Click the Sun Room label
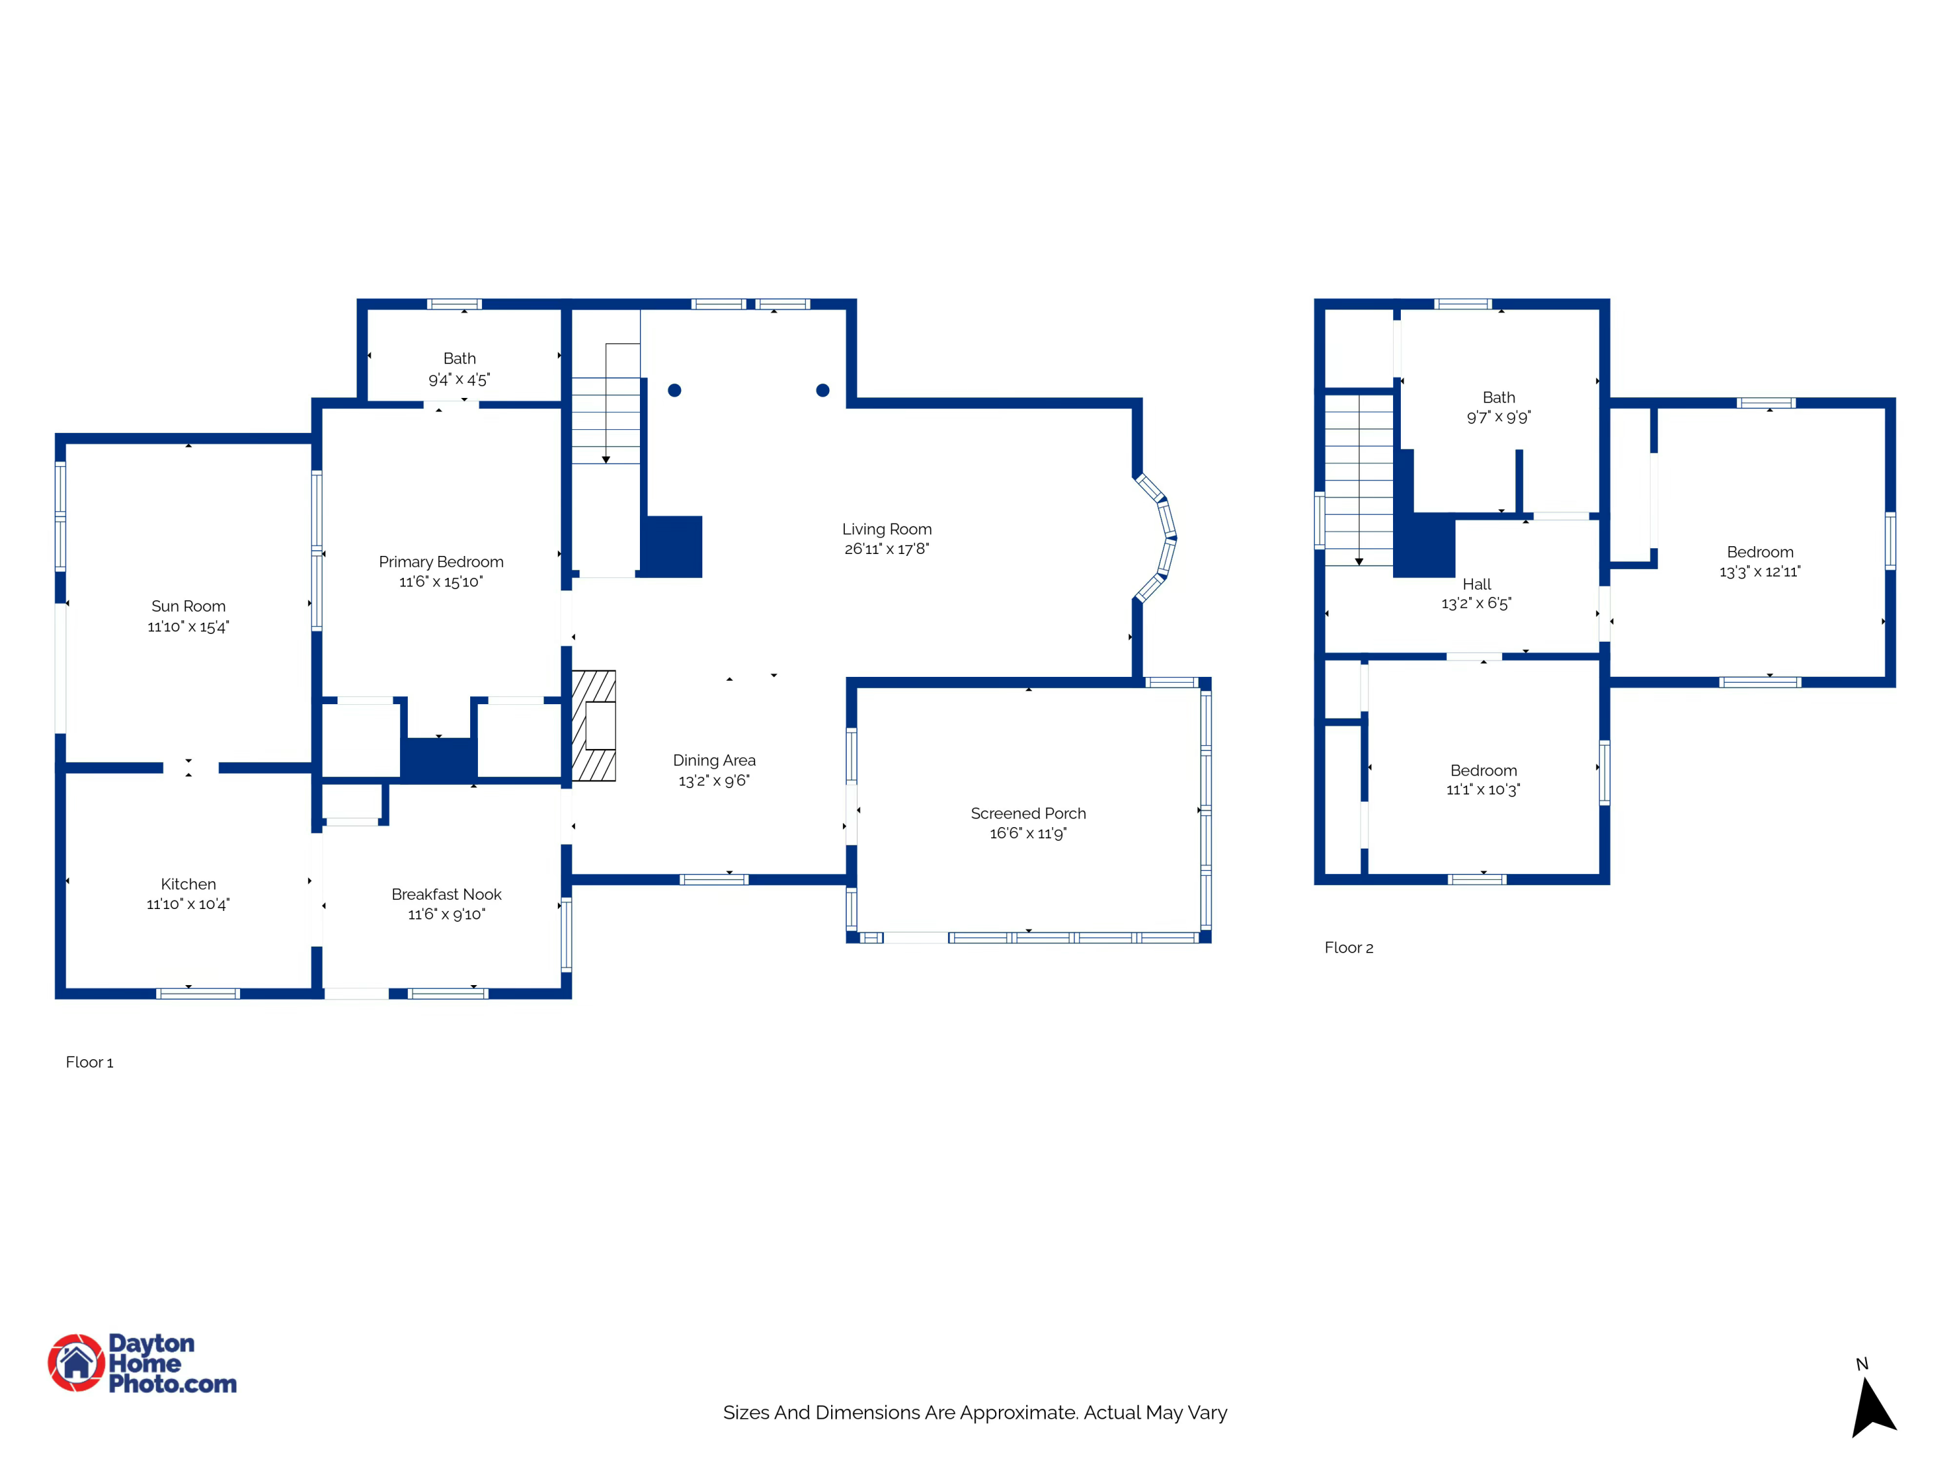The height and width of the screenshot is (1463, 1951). [x=188, y=606]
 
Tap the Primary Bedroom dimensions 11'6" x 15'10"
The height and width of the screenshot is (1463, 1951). [x=441, y=582]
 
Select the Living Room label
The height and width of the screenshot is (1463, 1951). [x=886, y=529]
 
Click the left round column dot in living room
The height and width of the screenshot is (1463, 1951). [x=675, y=389]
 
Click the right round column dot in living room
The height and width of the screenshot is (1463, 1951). [x=823, y=389]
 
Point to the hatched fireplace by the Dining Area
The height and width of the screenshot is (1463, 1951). [x=594, y=726]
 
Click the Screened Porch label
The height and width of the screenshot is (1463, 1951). [x=1028, y=813]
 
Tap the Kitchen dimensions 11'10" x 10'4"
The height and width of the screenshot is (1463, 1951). [x=188, y=904]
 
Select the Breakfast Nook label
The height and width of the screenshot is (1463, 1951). [x=446, y=894]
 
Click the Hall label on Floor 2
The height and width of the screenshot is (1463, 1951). [x=1476, y=584]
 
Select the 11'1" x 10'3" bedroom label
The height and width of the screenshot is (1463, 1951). [x=1483, y=771]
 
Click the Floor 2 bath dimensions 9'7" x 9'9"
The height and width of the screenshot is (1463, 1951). [x=1498, y=417]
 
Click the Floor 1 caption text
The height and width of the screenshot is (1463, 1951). [x=89, y=1062]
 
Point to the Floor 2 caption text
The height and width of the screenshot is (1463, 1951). [x=1349, y=947]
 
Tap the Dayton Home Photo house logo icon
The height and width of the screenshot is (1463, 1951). [x=77, y=1362]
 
